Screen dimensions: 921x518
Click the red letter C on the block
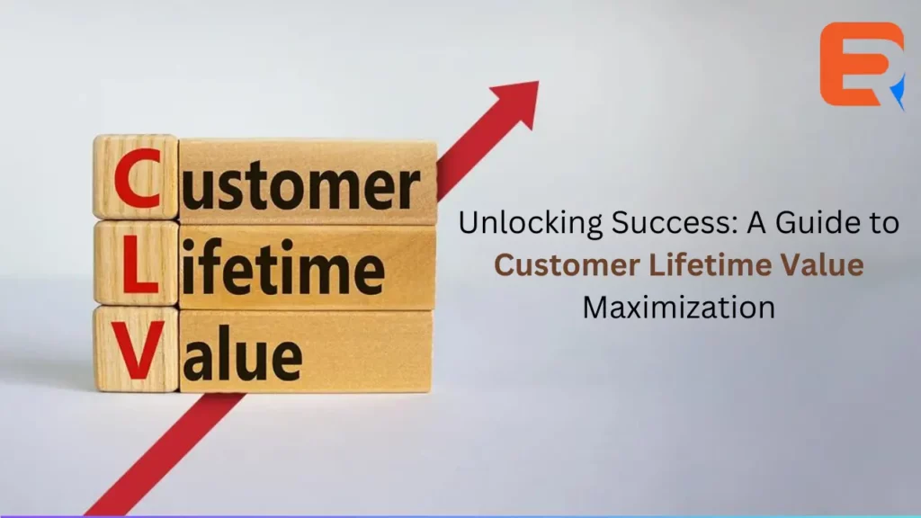pyautogui.click(x=137, y=178)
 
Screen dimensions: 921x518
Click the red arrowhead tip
pyautogui.click(x=538, y=82)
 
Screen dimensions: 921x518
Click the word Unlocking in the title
pyautogui.click(x=531, y=223)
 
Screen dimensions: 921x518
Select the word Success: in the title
pyautogui.click(x=675, y=223)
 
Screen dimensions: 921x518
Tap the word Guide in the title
pyautogui.click(x=813, y=223)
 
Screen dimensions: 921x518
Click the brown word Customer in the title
pyautogui.click(x=567, y=265)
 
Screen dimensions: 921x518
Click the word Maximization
pyautogui.click(x=678, y=308)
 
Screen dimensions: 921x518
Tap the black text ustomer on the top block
pyautogui.click(x=300, y=184)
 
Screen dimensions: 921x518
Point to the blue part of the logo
pyautogui.click(x=899, y=93)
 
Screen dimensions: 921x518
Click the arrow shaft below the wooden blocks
pyautogui.click(x=165, y=455)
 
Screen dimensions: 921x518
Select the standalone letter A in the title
pyautogui.click(x=756, y=223)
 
